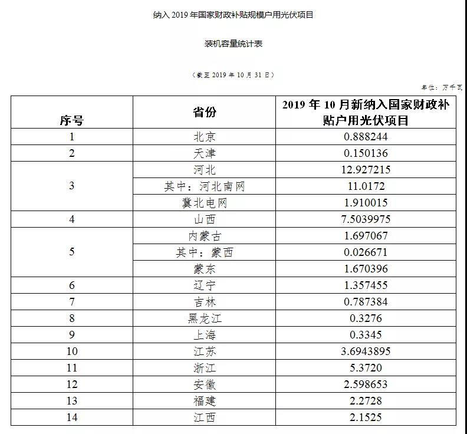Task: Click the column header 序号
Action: [x=71, y=120]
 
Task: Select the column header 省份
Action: [x=205, y=112]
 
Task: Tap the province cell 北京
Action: [x=205, y=137]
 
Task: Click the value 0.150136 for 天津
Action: [x=362, y=153]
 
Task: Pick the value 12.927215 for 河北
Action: [x=362, y=170]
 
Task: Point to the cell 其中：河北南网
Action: [x=205, y=186]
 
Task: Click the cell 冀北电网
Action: [x=205, y=203]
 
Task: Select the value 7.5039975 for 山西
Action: [x=362, y=219]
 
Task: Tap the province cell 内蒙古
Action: [x=205, y=236]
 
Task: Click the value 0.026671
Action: [x=362, y=252]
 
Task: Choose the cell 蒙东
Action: [x=205, y=269]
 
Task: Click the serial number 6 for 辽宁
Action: [x=71, y=285]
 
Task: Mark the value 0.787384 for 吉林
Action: [x=362, y=302]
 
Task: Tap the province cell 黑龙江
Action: [x=205, y=318]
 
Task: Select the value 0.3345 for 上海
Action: [x=362, y=335]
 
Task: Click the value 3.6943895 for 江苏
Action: [x=362, y=351]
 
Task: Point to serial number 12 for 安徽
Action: [x=71, y=384]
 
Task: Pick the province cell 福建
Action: [x=205, y=401]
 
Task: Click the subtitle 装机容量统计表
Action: [x=233, y=44]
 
